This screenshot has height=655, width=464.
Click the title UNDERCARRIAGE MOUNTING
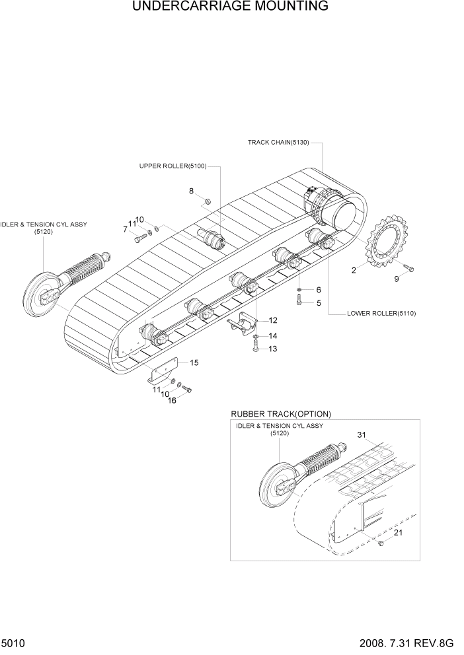[x=230, y=7]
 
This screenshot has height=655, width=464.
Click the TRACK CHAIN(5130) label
[x=278, y=142]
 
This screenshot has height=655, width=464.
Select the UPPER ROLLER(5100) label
[x=173, y=166]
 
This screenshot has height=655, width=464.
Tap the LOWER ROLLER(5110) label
[x=381, y=313]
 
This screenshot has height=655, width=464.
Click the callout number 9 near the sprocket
[x=397, y=279]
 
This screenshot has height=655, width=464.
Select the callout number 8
[x=191, y=191]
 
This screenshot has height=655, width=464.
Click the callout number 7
[x=125, y=229]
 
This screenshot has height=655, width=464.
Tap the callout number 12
[x=272, y=320]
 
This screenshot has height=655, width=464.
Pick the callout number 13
[x=272, y=349]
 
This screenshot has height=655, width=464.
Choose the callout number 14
[x=272, y=336]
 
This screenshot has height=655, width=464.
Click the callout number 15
[x=194, y=362]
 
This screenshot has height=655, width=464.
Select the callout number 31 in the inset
[x=361, y=434]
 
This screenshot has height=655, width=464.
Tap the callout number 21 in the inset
[x=397, y=533]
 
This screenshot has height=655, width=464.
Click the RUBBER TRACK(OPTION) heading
[x=281, y=413]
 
